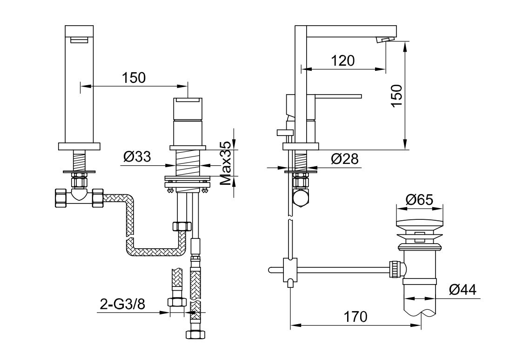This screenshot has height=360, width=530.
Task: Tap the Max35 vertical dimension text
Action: [x=227, y=163]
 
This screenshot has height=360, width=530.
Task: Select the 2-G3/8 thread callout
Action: [x=122, y=305]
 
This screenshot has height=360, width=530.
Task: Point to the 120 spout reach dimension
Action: [x=343, y=61]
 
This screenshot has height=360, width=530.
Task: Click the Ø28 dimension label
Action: [x=344, y=158]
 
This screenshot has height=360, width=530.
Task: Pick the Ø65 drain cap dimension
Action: [x=419, y=200]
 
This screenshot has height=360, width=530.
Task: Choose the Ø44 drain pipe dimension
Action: [x=463, y=290]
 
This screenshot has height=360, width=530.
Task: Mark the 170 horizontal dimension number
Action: [x=355, y=317]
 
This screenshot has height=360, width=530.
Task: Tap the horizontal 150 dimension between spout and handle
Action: [x=134, y=77]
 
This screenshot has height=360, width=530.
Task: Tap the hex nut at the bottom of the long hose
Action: [x=196, y=333]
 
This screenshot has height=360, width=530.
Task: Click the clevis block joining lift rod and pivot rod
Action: [x=290, y=270]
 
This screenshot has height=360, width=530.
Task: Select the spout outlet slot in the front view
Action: [x=79, y=40]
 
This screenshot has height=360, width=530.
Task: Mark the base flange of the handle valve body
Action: [x=188, y=148]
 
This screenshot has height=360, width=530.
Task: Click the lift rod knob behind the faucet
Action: [x=285, y=131]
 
